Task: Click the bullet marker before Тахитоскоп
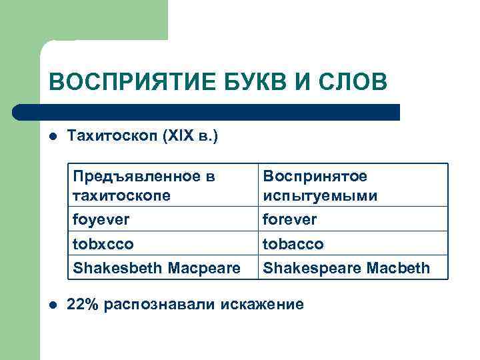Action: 54,137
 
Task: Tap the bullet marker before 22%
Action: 54,305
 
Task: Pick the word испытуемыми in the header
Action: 319,195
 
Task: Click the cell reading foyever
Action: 101,219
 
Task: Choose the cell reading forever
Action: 289,219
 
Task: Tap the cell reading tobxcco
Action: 103,244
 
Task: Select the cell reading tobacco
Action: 293,244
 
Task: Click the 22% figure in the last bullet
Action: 83,305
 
